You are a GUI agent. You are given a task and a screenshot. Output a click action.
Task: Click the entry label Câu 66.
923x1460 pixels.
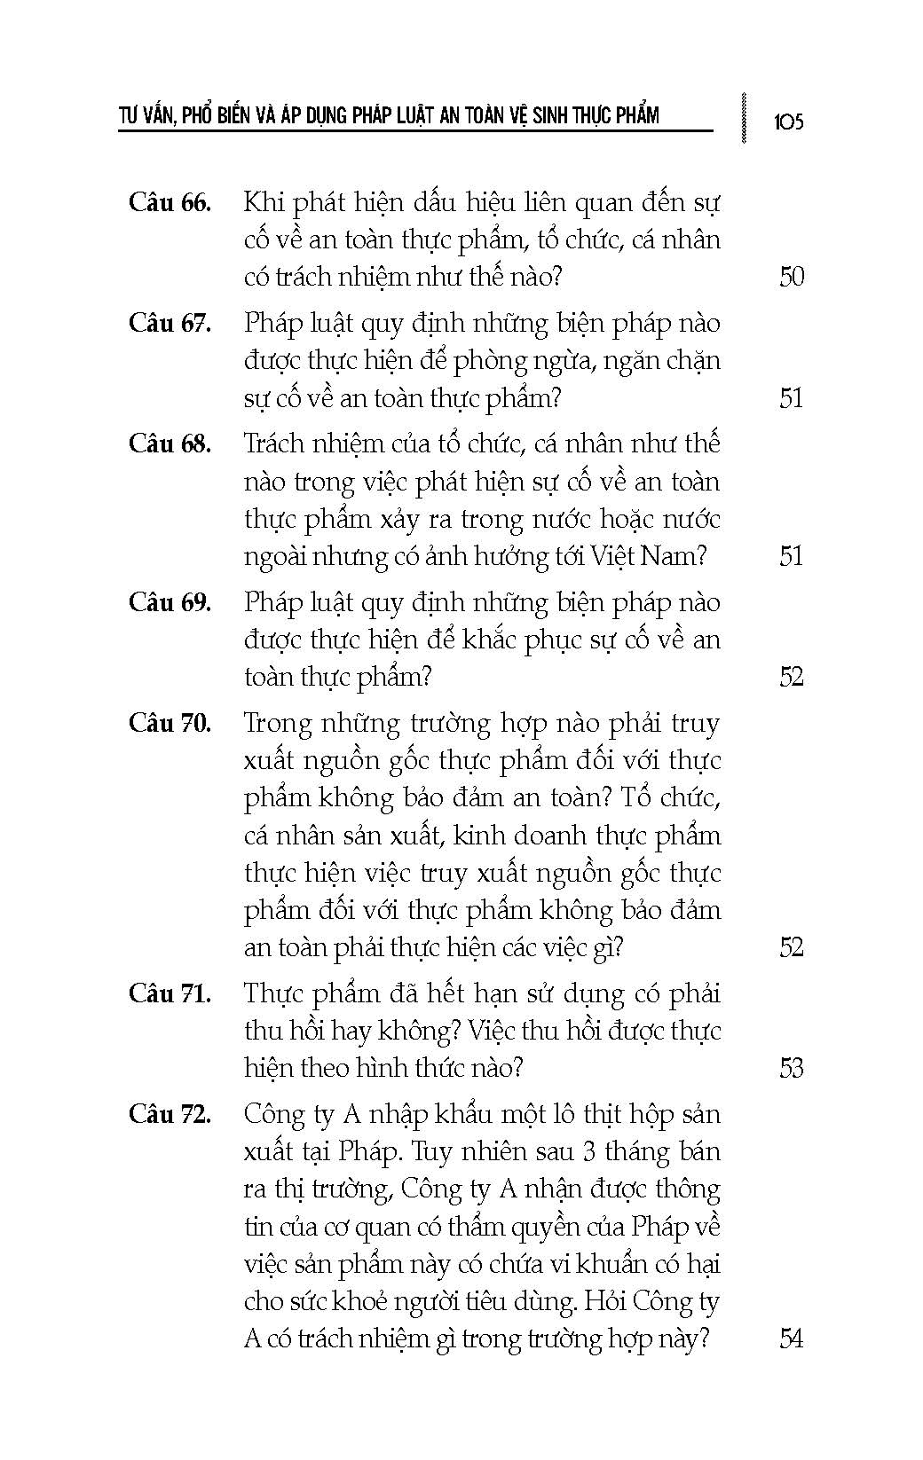tap(170, 202)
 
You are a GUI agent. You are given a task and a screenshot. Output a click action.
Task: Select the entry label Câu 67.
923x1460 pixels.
tap(170, 323)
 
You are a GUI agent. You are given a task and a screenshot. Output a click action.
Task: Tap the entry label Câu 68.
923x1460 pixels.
tap(170, 443)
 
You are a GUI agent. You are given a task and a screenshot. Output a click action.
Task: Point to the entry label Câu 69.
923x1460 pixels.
tap(170, 602)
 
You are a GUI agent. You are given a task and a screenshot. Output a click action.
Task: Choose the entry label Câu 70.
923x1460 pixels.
tap(170, 723)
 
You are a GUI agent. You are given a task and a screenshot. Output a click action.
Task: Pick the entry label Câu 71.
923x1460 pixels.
tap(170, 993)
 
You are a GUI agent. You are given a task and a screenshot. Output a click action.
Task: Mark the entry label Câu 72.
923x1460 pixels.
tap(170, 1114)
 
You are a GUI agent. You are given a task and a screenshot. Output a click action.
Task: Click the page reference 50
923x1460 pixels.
tap(791, 277)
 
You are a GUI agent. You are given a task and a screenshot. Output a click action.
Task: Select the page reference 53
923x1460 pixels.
tap(791, 1068)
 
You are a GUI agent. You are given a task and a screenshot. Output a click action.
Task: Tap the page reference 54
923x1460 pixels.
tap(791, 1338)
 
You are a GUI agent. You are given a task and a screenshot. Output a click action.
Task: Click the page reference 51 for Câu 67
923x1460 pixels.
tap(791, 398)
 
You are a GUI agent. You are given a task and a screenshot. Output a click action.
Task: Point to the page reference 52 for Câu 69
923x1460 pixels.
tap(791, 677)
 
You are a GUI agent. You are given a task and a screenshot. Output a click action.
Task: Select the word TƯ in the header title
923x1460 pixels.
tap(130, 115)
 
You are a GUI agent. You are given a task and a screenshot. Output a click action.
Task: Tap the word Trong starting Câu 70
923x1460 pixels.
tap(279, 724)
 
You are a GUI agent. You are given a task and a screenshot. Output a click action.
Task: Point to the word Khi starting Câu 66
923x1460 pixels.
tap(264, 202)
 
